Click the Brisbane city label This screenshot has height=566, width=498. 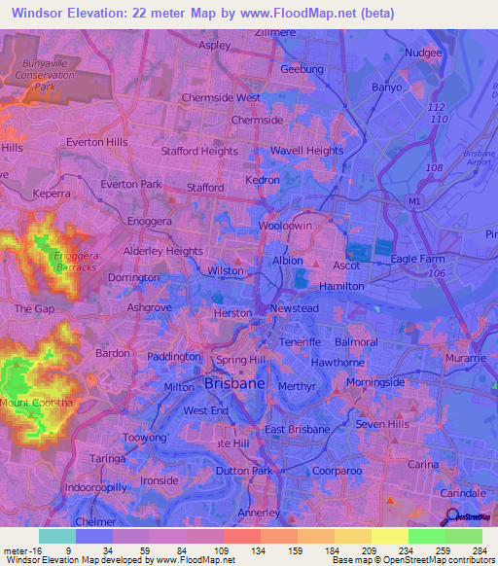(235, 385)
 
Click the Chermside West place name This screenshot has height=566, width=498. (221, 98)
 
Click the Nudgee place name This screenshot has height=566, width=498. (423, 53)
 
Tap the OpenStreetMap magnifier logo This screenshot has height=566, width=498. (453, 517)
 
